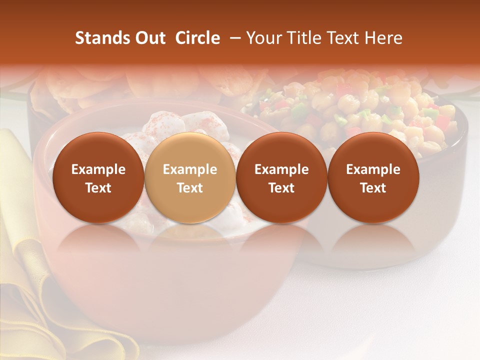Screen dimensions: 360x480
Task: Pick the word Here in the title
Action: click(x=384, y=38)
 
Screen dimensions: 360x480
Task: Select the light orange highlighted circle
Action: click(x=190, y=178)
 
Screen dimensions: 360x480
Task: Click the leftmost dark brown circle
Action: click(x=98, y=178)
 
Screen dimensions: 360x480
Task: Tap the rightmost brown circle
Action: click(x=373, y=178)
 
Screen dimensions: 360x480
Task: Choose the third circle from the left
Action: click(x=281, y=178)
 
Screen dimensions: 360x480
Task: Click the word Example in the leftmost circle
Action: click(x=98, y=169)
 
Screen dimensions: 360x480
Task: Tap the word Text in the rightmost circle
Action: click(x=373, y=188)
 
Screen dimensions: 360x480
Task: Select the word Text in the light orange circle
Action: click(x=190, y=188)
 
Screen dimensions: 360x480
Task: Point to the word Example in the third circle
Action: click(x=281, y=169)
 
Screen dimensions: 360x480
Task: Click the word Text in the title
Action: click(x=346, y=38)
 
